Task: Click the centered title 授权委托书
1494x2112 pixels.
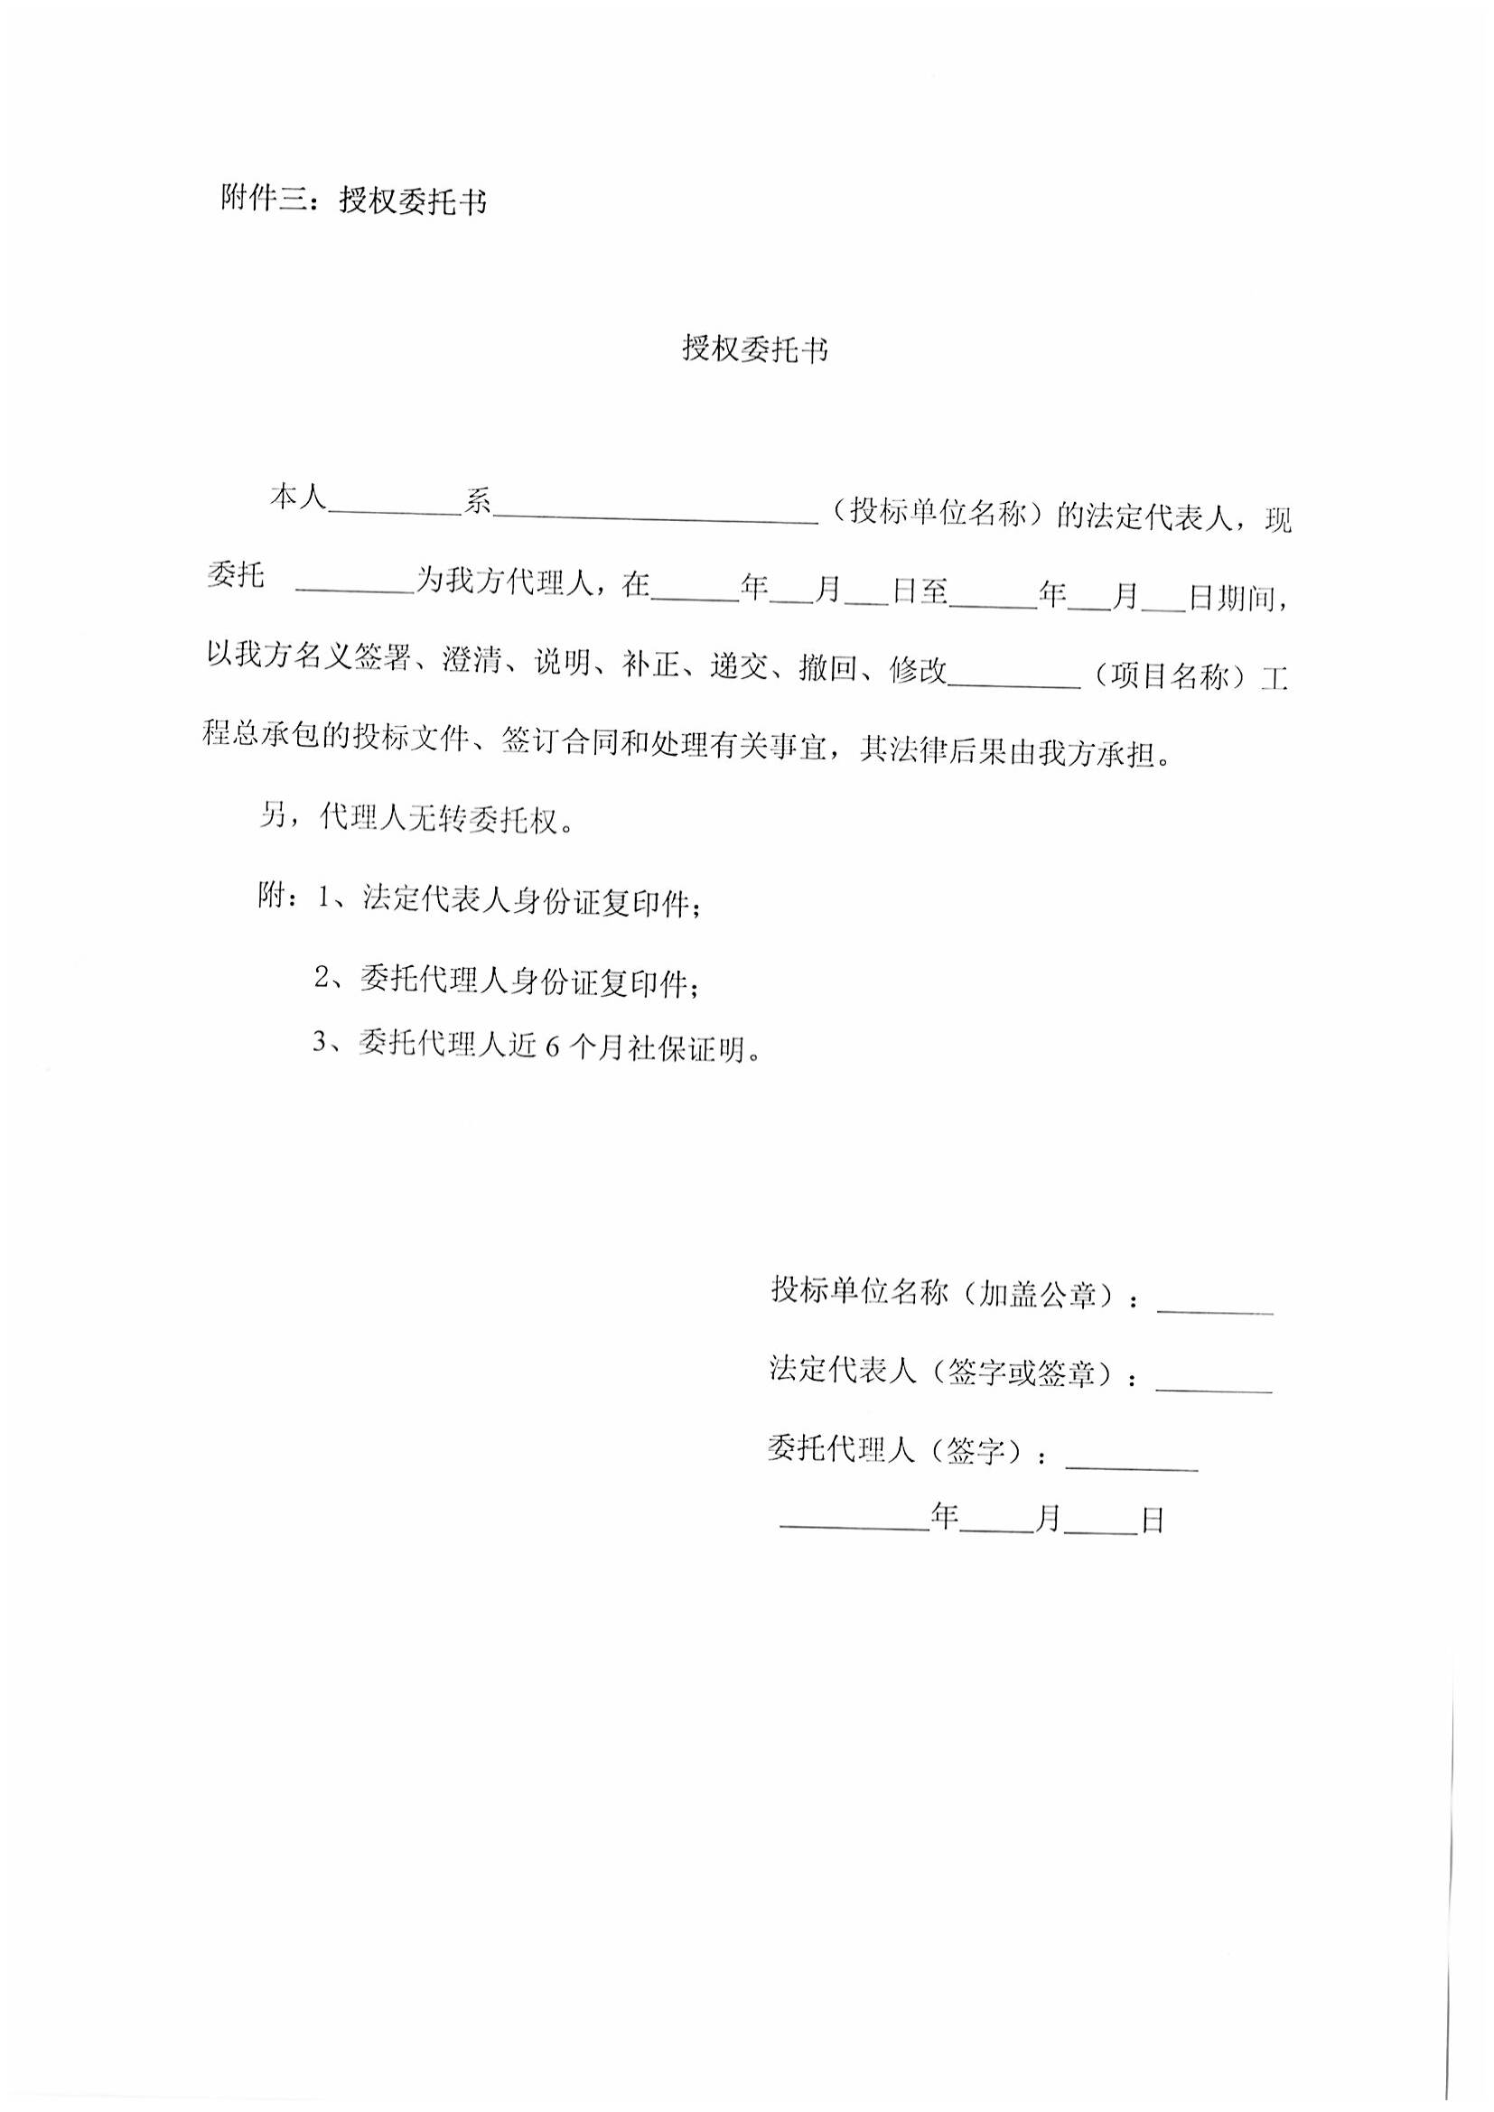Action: (754, 349)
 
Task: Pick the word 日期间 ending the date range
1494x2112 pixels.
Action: (1238, 599)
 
